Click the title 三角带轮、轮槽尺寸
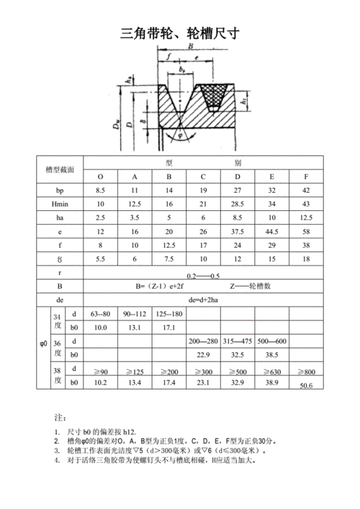pos(179,33)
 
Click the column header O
pos(100,177)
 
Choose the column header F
pos(306,177)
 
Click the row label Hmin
pos(60,204)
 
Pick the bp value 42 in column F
pos(306,191)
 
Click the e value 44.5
pos(271,232)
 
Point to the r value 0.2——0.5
pos(202,276)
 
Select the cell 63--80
pos(101,314)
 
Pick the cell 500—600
pos(271,341)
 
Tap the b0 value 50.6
pos(305,387)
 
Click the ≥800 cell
pos(305,371)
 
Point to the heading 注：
pos(60,418)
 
